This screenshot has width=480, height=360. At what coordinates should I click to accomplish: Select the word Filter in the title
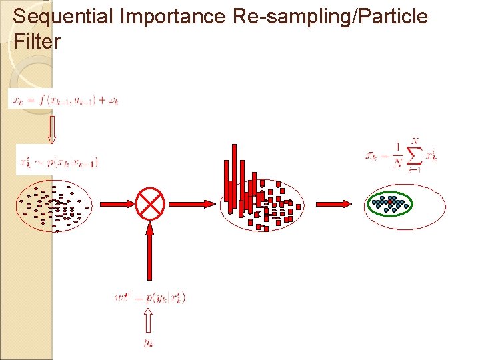[x=37, y=42]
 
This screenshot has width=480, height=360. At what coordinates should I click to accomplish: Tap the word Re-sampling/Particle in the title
[x=331, y=16]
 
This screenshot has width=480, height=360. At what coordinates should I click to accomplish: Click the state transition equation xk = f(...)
[x=64, y=100]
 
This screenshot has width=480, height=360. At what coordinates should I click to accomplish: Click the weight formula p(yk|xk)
[x=150, y=298]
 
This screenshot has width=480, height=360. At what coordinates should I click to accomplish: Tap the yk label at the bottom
[x=149, y=343]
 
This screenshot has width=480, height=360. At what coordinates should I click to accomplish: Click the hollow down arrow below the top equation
[x=52, y=130]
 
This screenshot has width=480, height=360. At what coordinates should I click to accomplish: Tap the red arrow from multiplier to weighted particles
[x=193, y=202]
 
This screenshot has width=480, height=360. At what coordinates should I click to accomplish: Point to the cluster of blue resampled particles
[x=390, y=203]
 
